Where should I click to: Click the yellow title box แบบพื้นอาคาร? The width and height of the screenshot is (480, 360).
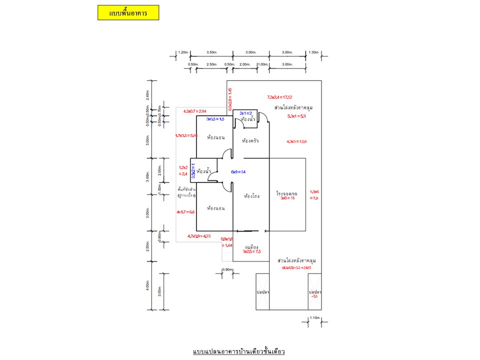coord(128,12)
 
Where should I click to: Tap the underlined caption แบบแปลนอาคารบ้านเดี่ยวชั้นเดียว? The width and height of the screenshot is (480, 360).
coord(238,351)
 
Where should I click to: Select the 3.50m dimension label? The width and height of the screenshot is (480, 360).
coord(211,52)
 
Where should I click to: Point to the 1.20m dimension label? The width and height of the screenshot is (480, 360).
coord(182,52)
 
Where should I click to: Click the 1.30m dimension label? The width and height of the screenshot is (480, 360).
coord(314,52)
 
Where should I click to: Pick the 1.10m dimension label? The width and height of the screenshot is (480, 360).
coord(314,317)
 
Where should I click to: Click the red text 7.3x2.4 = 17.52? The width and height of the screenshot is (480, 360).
coord(279,97)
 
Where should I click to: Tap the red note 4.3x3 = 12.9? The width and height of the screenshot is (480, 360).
coord(296,141)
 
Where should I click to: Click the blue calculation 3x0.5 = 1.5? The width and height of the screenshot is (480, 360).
coord(215,119)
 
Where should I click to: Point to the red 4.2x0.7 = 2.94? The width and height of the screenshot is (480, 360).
coord(195,111)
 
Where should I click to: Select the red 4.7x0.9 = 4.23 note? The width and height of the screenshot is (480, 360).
coord(199,236)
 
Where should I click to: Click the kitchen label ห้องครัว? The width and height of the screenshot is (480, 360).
coord(249,141)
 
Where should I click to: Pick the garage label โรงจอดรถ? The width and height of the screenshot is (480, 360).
coord(287,192)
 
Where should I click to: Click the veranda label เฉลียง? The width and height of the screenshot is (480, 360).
coord(251,246)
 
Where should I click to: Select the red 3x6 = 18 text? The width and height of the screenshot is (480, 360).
coord(288,198)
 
